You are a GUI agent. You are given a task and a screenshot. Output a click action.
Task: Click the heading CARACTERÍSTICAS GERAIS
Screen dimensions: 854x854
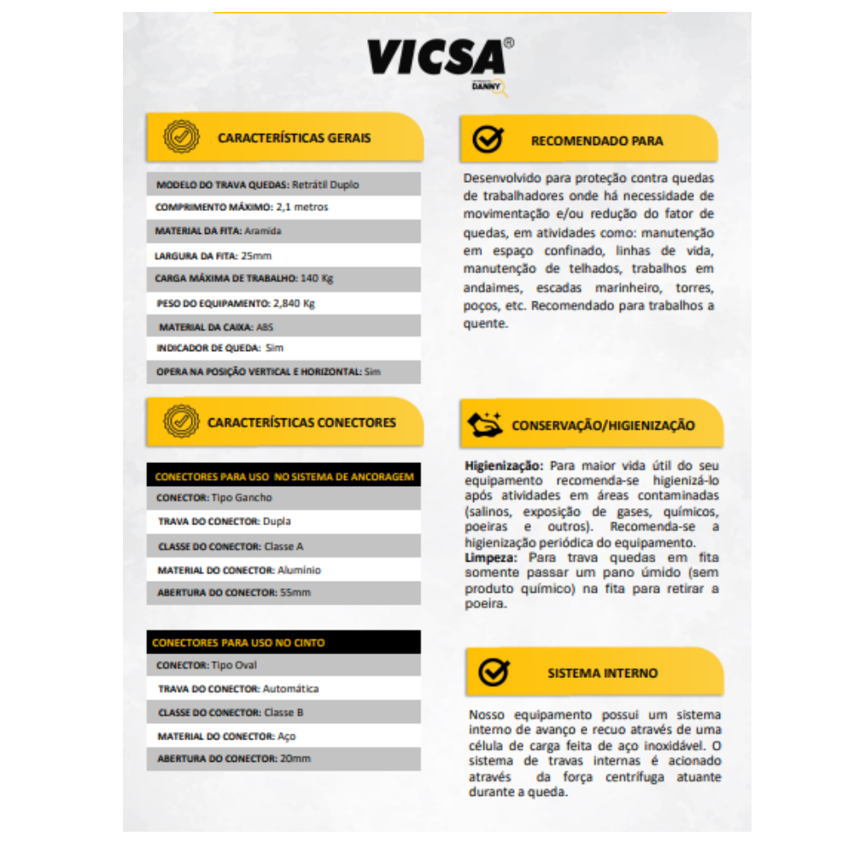[294, 137]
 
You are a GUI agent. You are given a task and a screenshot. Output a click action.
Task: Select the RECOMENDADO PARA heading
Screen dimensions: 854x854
[597, 141]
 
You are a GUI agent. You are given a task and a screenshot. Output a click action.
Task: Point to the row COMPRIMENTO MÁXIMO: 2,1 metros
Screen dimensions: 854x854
[242, 208]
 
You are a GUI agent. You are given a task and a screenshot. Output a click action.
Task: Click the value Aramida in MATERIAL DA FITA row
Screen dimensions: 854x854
[262, 231]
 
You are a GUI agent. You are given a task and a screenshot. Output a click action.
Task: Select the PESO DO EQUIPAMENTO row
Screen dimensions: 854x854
[237, 303]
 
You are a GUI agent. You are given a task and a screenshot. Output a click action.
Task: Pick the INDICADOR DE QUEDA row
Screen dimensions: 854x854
[219, 348]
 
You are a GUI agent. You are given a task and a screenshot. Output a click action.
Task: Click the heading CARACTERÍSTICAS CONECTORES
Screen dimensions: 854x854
[301, 423]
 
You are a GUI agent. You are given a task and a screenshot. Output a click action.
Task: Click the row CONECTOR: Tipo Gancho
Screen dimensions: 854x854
[214, 497]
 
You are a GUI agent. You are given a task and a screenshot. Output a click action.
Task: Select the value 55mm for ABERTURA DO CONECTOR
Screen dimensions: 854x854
[295, 593]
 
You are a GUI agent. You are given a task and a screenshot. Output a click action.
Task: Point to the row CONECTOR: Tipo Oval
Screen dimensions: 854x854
[207, 665]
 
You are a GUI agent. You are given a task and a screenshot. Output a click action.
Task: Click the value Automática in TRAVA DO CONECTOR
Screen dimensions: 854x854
[290, 689]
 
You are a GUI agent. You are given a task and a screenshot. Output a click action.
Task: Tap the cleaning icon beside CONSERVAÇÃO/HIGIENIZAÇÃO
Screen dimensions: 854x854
[483, 424]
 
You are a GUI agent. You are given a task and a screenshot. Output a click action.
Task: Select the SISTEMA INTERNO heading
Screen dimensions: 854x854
[603, 673]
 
